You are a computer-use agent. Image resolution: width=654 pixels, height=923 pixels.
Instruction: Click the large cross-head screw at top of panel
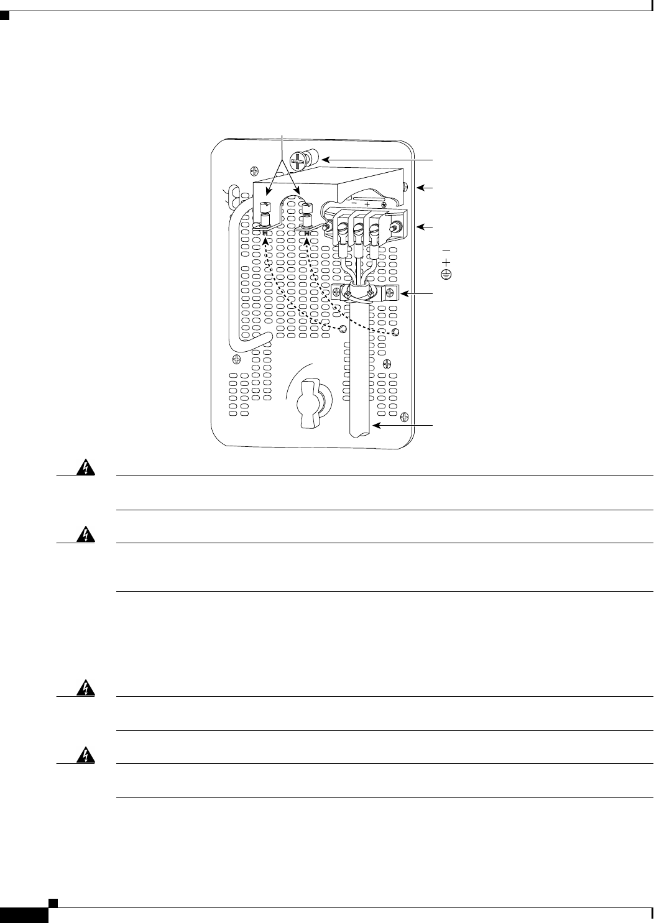[302, 161]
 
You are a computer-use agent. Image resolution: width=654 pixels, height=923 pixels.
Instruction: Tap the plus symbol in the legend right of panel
[446, 262]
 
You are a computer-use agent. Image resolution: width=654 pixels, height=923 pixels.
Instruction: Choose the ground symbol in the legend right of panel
[446, 273]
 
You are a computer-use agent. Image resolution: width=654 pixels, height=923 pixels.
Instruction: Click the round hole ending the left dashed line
[342, 329]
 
